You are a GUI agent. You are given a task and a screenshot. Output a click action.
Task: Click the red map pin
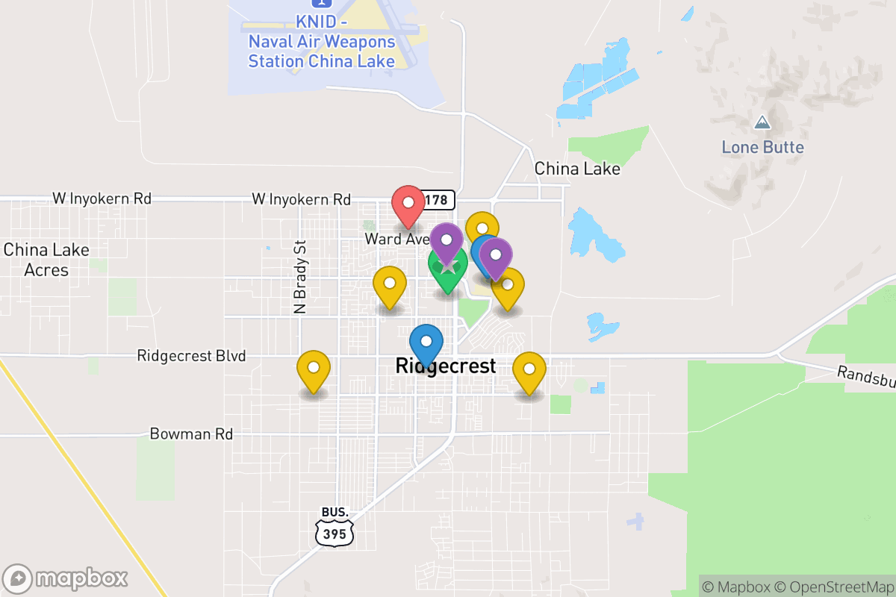click(408, 204)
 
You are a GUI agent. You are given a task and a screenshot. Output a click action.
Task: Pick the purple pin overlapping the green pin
click(447, 241)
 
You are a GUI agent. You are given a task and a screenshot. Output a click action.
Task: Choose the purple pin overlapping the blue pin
click(495, 256)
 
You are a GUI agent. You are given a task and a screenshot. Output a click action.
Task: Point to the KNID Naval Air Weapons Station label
click(321, 42)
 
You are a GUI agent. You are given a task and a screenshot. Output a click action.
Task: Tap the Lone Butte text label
click(762, 147)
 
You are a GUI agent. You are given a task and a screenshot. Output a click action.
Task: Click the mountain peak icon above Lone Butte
click(762, 122)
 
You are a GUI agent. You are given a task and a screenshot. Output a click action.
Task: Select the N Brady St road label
click(301, 276)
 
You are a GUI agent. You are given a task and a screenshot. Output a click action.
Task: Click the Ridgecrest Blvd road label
click(191, 356)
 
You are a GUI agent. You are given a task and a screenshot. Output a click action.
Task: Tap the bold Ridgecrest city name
click(445, 366)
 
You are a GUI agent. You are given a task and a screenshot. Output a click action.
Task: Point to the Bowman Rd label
click(191, 434)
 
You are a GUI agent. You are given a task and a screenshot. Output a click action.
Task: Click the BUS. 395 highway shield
click(335, 525)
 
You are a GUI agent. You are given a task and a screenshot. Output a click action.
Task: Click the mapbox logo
click(66, 578)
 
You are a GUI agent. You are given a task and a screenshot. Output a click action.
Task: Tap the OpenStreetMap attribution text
click(833, 587)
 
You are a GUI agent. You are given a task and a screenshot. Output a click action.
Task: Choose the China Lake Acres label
click(46, 260)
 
